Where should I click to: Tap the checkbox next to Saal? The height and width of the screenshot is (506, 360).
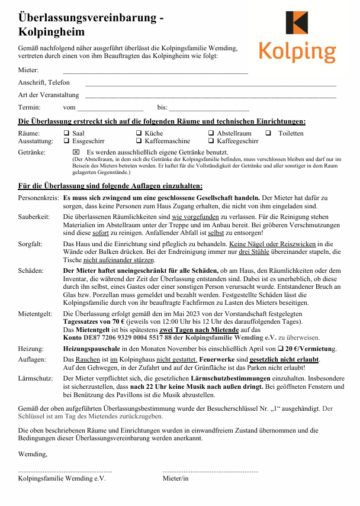tap(67, 134)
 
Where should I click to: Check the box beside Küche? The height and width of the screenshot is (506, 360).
tap(139, 134)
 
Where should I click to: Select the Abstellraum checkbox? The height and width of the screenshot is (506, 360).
tap(211, 134)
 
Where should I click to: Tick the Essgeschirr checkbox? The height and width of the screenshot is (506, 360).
tap(67, 141)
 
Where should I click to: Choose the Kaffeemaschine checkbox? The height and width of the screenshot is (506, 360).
tap(139, 141)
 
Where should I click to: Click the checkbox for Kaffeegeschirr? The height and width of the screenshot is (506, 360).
tap(211, 141)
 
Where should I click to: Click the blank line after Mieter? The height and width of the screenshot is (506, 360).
tap(155, 72)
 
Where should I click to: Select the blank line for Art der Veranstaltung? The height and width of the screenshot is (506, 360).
tap(211, 96)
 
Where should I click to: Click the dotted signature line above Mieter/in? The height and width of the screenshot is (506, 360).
tap(210, 470)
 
